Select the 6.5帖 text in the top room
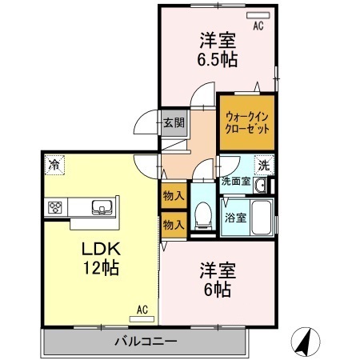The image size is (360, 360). pos(218,58)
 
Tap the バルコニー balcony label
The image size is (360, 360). pos(145,342)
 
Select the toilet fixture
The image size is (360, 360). pos(203,212)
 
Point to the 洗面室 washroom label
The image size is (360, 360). pos(236,182)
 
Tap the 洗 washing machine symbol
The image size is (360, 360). pos(263,166)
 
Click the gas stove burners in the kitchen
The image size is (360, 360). pos(57,208)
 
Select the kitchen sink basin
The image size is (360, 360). pos(102,208)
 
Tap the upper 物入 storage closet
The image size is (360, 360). pos(174,195)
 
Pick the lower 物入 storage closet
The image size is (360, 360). pos(174,224)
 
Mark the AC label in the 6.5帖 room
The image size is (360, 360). pos(258,26)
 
